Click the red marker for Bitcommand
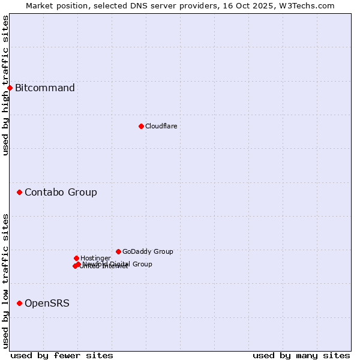tap(10, 88)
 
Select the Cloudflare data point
tap(141, 126)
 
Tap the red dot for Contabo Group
tap(19, 193)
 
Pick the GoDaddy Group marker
tap(118, 252)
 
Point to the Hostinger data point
tap(76, 259)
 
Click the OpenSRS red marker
tap(19, 304)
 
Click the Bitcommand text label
tap(45, 88)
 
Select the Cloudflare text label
tap(161, 126)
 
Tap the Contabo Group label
tap(61, 193)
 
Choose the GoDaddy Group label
tap(148, 252)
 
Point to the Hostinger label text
tap(95, 259)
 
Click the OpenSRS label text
tap(47, 304)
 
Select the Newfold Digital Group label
tap(118, 264)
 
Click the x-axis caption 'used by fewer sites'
tap(62, 355)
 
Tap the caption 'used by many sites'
tap(301, 355)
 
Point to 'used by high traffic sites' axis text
tap(6, 85)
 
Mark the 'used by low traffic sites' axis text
tap(6, 281)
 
